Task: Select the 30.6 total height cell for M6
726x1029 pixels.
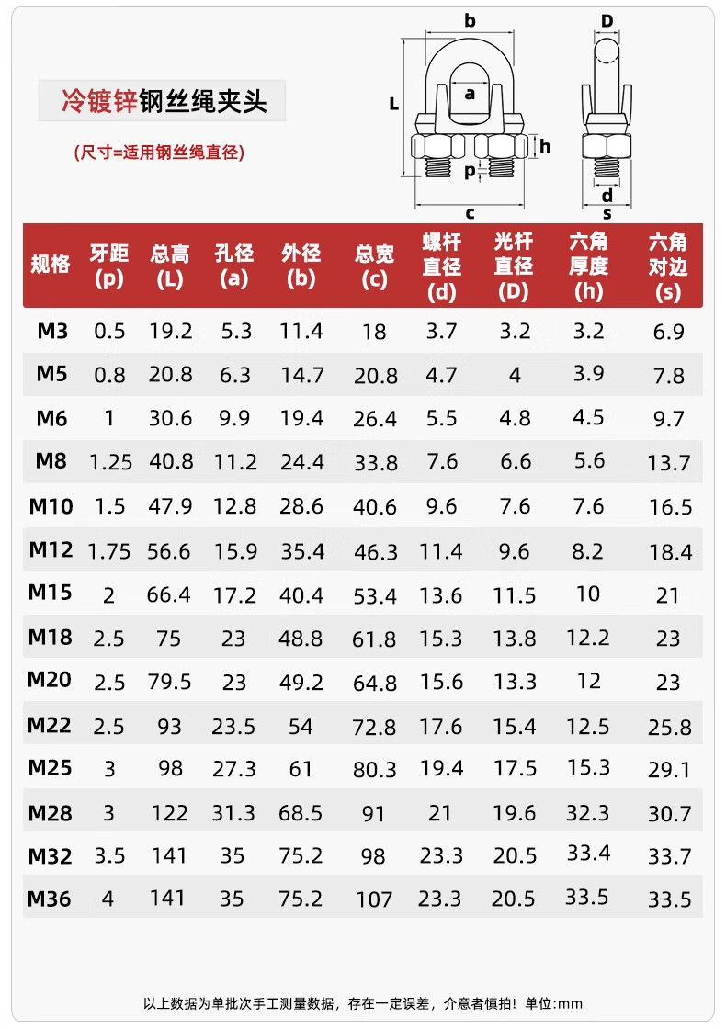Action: (170, 418)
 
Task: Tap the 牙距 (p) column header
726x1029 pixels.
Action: (108, 266)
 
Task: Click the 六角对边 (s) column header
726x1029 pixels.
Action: (668, 266)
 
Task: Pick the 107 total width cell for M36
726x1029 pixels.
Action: (374, 899)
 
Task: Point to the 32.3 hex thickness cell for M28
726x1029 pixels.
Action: (588, 812)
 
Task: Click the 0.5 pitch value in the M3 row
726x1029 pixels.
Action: (109, 331)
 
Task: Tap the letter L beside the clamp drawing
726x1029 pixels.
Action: (393, 105)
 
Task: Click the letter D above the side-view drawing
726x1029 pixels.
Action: (607, 21)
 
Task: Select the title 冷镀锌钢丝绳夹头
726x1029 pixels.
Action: (164, 101)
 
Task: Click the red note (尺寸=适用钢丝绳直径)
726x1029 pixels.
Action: (159, 153)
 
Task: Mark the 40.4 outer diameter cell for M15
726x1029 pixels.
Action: (301, 594)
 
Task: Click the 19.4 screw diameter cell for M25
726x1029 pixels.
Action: (441, 768)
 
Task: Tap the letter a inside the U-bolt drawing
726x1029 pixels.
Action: (470, 93)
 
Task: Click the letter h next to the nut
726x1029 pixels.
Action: (545, 145)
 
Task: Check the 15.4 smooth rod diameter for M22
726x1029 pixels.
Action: (515, 727)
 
